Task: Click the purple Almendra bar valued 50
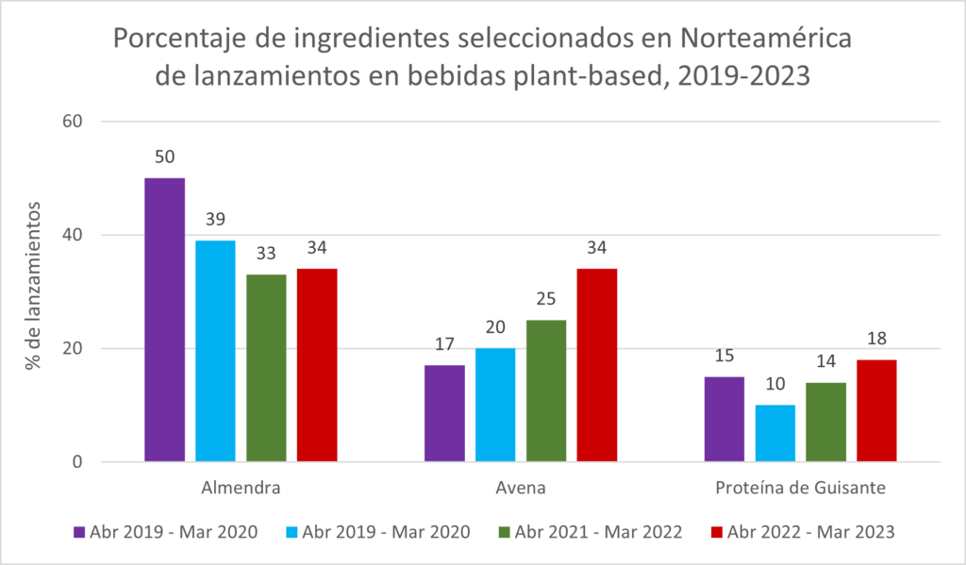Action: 164,320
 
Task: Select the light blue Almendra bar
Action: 215,351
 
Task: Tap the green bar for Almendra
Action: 266,368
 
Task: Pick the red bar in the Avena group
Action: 597,365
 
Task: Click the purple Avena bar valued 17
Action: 444,413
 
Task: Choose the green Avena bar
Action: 546,391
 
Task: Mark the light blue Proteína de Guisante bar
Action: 775,433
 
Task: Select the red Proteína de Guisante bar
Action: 876,410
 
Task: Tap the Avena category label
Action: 520,489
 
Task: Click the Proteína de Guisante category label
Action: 801,489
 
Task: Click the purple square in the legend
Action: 79,532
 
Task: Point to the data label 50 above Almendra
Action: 165,158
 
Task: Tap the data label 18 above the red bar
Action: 877,339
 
